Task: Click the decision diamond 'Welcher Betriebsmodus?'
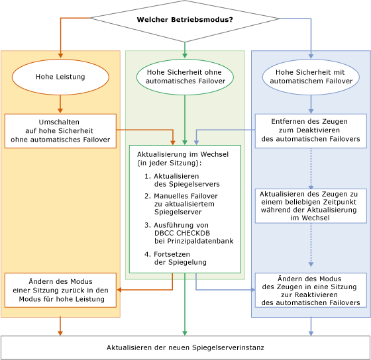185,20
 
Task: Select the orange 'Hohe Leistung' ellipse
60,77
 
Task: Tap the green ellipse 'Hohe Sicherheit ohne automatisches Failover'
185,77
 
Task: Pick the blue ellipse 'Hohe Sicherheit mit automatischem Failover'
311,77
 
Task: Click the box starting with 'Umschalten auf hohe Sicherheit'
60,130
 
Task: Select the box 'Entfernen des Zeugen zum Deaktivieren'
311,130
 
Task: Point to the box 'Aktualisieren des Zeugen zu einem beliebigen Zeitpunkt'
311,205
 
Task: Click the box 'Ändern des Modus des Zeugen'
311,290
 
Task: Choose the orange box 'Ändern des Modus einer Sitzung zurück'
60,290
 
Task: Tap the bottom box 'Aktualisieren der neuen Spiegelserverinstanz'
185,347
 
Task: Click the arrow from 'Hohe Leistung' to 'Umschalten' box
60,104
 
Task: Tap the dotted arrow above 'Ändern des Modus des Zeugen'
311,247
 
